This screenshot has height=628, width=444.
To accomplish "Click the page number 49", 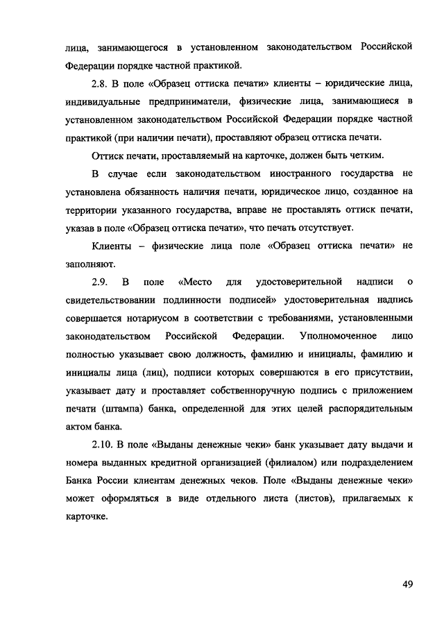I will [407, 584].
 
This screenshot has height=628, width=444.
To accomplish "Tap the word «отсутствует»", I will [321, 227].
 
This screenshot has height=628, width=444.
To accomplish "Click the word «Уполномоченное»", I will [334, 335].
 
